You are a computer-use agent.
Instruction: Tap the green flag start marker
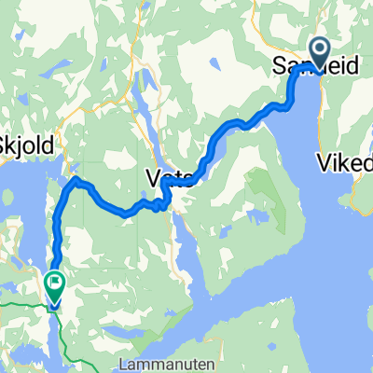click(x=54, y=280)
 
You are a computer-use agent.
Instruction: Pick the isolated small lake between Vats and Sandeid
click(x=214, y=66)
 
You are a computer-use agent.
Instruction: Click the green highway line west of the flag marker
click(x=19, y=304)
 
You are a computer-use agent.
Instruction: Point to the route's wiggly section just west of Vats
click(x=154, y=202)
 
